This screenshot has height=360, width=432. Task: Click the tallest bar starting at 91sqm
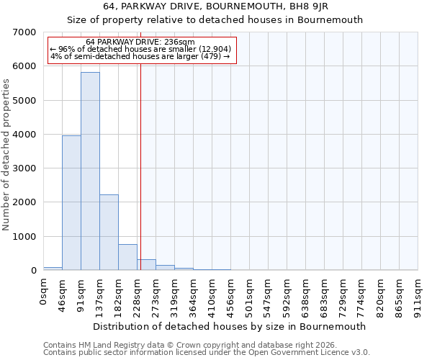pos(90,171)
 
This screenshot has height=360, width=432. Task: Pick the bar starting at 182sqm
pos(127,257)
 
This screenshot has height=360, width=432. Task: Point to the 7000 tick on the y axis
pos(27,32)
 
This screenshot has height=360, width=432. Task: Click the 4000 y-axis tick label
pos(27,135)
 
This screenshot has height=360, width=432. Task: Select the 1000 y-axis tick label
pos(27,237)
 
